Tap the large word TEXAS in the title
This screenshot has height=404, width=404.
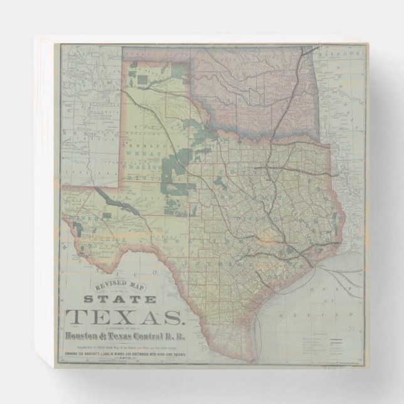(125, 317)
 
